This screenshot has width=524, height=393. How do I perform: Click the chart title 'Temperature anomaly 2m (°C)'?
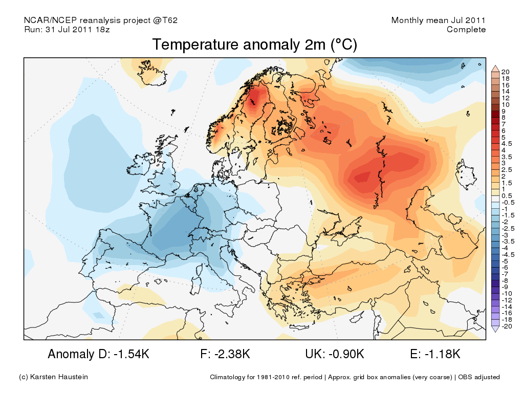point(254,45)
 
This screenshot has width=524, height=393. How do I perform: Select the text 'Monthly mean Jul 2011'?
point(438,20)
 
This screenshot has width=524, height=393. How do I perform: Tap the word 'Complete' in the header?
point(466,30)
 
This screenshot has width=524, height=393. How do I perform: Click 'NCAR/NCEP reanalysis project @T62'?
point(101,20)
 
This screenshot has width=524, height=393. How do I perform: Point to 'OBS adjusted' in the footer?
point(479,377)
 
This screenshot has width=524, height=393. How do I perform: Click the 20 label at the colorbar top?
point(506,71)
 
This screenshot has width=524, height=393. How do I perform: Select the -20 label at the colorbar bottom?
point(507,326)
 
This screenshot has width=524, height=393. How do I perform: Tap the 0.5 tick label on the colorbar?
point(507,196)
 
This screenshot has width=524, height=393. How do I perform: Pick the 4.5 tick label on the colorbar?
point(507,144)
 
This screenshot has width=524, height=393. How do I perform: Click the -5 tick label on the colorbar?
point(505,261)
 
